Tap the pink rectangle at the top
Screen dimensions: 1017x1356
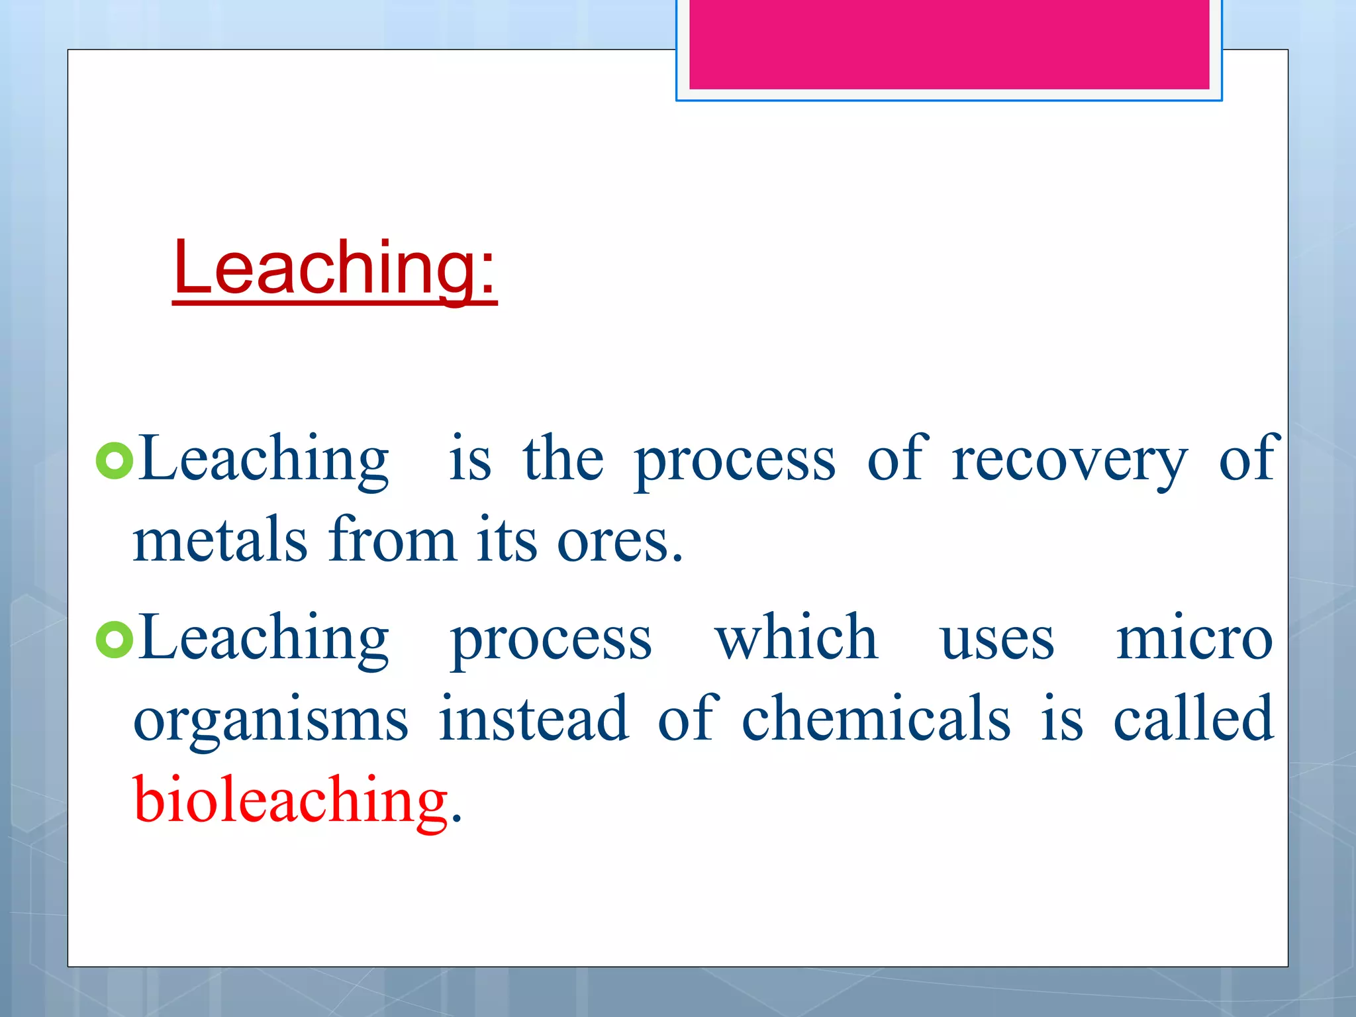click(949, 44)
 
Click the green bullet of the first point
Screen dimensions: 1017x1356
click(115, 461)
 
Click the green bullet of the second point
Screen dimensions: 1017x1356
click(115, 640)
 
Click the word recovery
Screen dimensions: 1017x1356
click(1069, 461)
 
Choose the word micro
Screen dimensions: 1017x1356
click(1194, 640)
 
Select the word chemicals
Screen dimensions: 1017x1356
click(876, 719)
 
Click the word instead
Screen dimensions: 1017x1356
click(534, 719)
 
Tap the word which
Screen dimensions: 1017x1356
click(797, 638)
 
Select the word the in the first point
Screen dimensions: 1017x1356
click(563, 460)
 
